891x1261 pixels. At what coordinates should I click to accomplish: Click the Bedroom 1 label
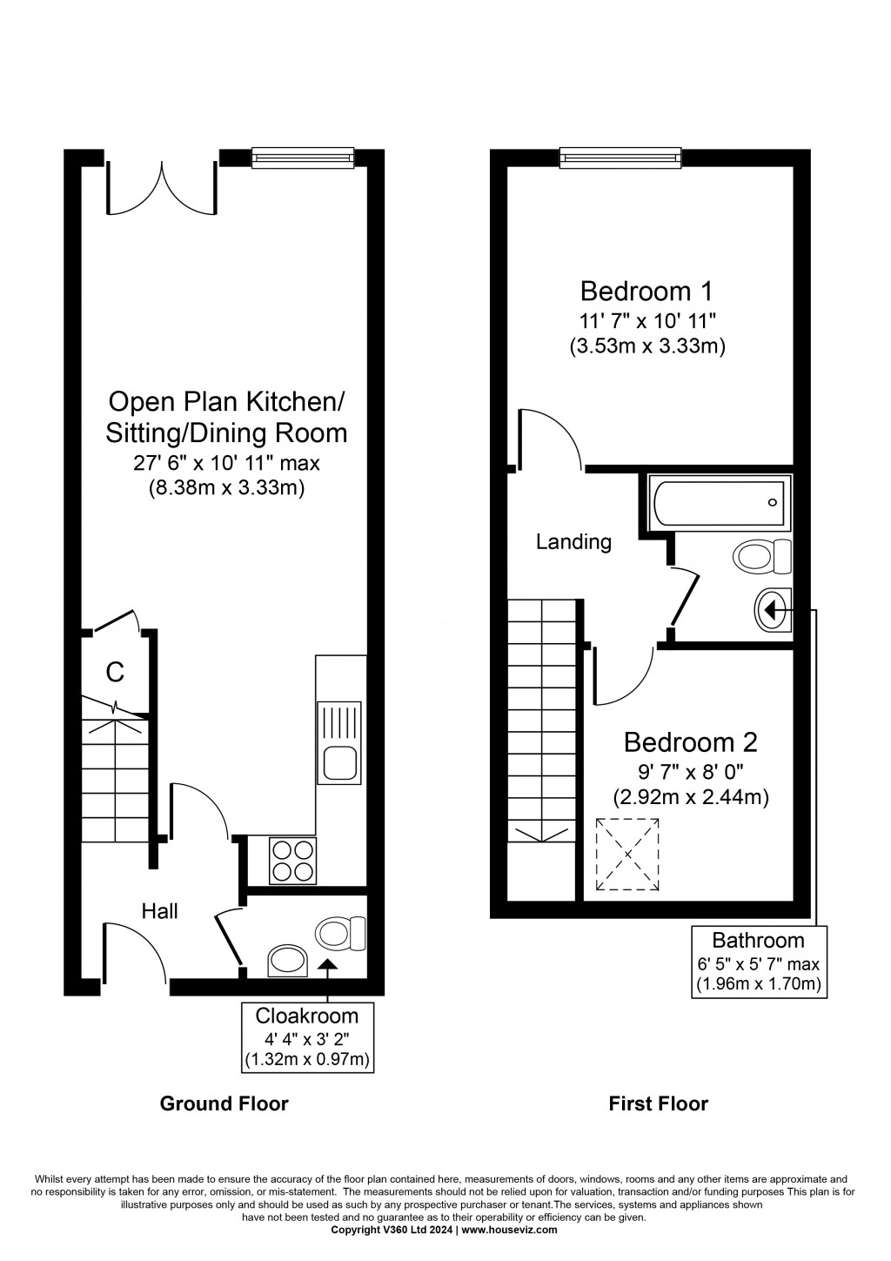coord(646,292)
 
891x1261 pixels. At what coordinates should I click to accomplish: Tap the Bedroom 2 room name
coord(690,742)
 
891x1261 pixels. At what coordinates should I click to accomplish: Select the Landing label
coord(573,541)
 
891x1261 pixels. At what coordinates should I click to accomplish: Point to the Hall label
coord(160,911)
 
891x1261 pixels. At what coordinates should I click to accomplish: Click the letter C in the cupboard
coord(115,672)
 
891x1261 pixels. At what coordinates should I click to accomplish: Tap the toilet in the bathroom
coord(762,556)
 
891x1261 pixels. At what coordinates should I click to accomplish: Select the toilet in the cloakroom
coord(340,934)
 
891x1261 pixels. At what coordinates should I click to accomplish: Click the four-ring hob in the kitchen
coord(292,861)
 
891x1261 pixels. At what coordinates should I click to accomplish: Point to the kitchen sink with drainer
coord(338,742)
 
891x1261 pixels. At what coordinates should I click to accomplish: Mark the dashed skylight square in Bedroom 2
coord(627,855)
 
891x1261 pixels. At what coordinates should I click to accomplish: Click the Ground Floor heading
coord(224,1119)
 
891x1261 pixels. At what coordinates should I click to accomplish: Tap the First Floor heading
coord(658,1119)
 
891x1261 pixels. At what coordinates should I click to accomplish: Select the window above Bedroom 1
coord(620,158)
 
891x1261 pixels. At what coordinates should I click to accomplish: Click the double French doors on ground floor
coord(162,187)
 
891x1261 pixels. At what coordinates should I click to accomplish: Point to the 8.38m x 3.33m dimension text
coord(226,487)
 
